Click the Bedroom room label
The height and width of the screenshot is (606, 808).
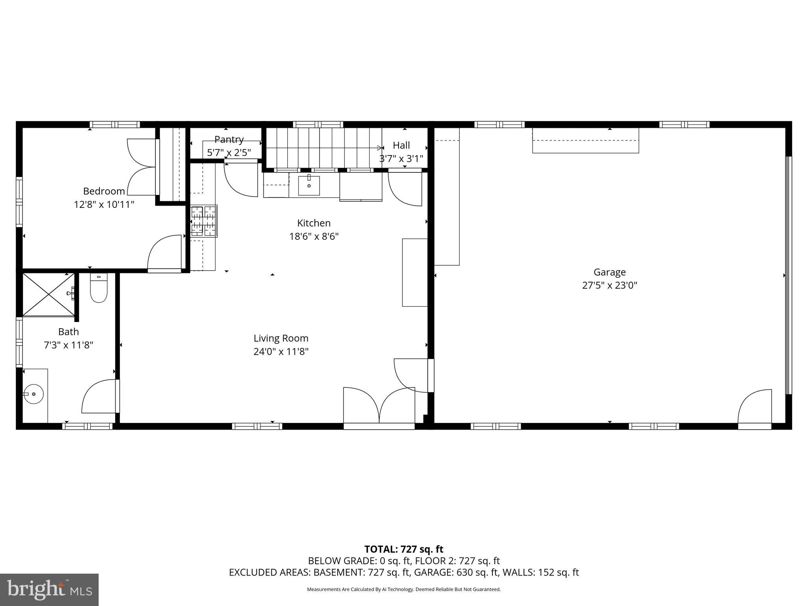[104, 191]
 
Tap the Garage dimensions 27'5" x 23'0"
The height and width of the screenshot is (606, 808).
[610, 285]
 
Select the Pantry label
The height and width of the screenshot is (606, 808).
[229, 140]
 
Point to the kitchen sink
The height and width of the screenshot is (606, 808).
[309, 185]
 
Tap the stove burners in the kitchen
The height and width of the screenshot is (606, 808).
[204, 221]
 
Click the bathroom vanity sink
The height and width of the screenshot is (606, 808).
[34, 394]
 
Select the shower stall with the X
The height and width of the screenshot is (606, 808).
[48, 294]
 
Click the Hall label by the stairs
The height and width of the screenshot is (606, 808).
[401, 146]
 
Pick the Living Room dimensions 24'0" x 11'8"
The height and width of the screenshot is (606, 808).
[281, 352]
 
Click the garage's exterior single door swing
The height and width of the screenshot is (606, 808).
[754, 407]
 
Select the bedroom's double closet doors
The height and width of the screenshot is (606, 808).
[141, 167]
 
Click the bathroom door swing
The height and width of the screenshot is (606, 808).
[99, 397]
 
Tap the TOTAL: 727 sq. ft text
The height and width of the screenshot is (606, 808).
[404, 549]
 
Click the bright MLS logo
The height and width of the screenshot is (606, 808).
[49, 589]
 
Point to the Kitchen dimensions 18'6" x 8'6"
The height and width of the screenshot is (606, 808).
[314, 236]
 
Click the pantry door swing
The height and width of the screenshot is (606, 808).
[241, 180]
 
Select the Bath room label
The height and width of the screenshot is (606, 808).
[68, 332]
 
